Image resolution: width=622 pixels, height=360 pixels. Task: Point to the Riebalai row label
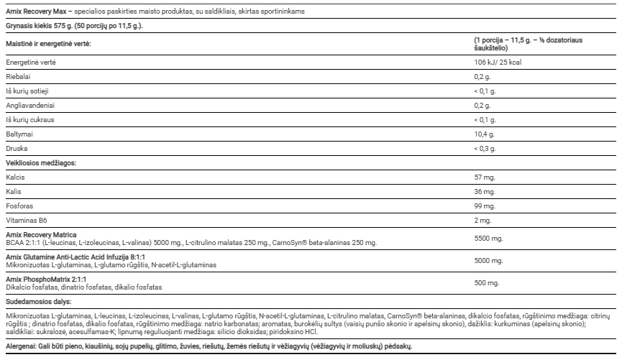[x=17, y=77]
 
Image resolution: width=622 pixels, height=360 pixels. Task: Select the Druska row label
[x=16, y=148]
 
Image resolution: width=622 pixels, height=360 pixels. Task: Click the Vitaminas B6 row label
[x=27, y=221]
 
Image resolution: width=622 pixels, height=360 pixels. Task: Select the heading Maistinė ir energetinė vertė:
[x=49, y=44]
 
